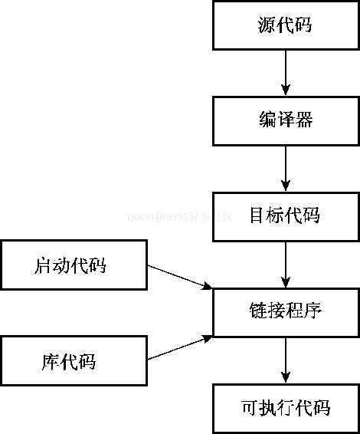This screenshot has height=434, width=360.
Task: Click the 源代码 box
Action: click(x=286, y=25)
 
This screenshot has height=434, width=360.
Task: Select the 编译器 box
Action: click(x=286, y=120)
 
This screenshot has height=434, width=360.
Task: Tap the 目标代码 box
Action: click(x=286, y=215)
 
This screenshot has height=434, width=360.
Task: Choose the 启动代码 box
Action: click(x=74, y=265)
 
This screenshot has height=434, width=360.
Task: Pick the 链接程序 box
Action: click(x=286, y=311)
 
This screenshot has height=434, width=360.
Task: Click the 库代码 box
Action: click(x=74, y=360)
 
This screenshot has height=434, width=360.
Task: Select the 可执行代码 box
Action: click(x=286, y=407)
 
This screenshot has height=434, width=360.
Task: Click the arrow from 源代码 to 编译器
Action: click(x=286, y=73)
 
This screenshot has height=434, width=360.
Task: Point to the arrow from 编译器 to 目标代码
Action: click(x=286, y=168)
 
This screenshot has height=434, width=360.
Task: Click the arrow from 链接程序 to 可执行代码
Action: click(x=286, y=359)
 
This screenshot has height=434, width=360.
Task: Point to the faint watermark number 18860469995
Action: click(x=157, y=217)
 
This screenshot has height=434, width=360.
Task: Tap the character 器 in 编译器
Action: click(x=304, y=120)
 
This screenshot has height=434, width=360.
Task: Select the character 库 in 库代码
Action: click(x=51, y=360)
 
